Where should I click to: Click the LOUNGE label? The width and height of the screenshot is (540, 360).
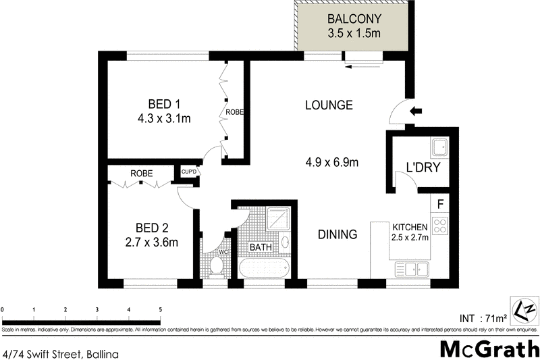tap(329, 105)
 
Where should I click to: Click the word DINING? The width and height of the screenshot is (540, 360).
tap(337, 235)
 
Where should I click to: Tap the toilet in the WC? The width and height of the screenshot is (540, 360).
tap(216, 265)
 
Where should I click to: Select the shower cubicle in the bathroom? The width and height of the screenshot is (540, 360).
tap(279, 218)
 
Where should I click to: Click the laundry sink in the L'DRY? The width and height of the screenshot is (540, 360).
tap(440, 147)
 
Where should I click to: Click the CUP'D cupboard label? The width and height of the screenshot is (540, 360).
tap(188, 173)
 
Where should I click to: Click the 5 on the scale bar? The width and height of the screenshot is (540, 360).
tap(160, 310)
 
